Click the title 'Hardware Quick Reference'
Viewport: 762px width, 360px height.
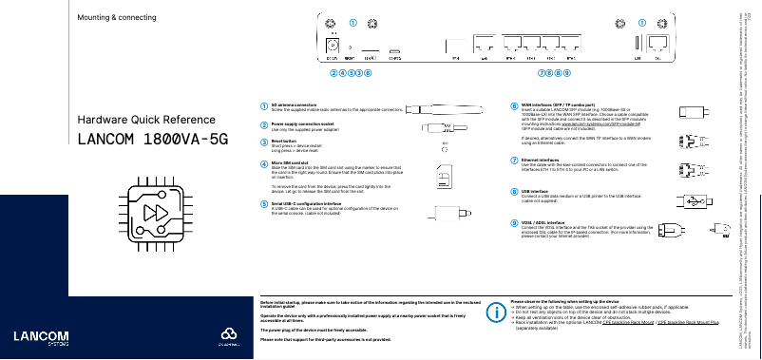[138, 120]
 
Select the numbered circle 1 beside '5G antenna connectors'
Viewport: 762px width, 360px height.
[264, 105]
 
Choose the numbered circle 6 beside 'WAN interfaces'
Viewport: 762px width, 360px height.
[514, 105]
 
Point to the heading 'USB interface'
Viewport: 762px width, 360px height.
[535, 190]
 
